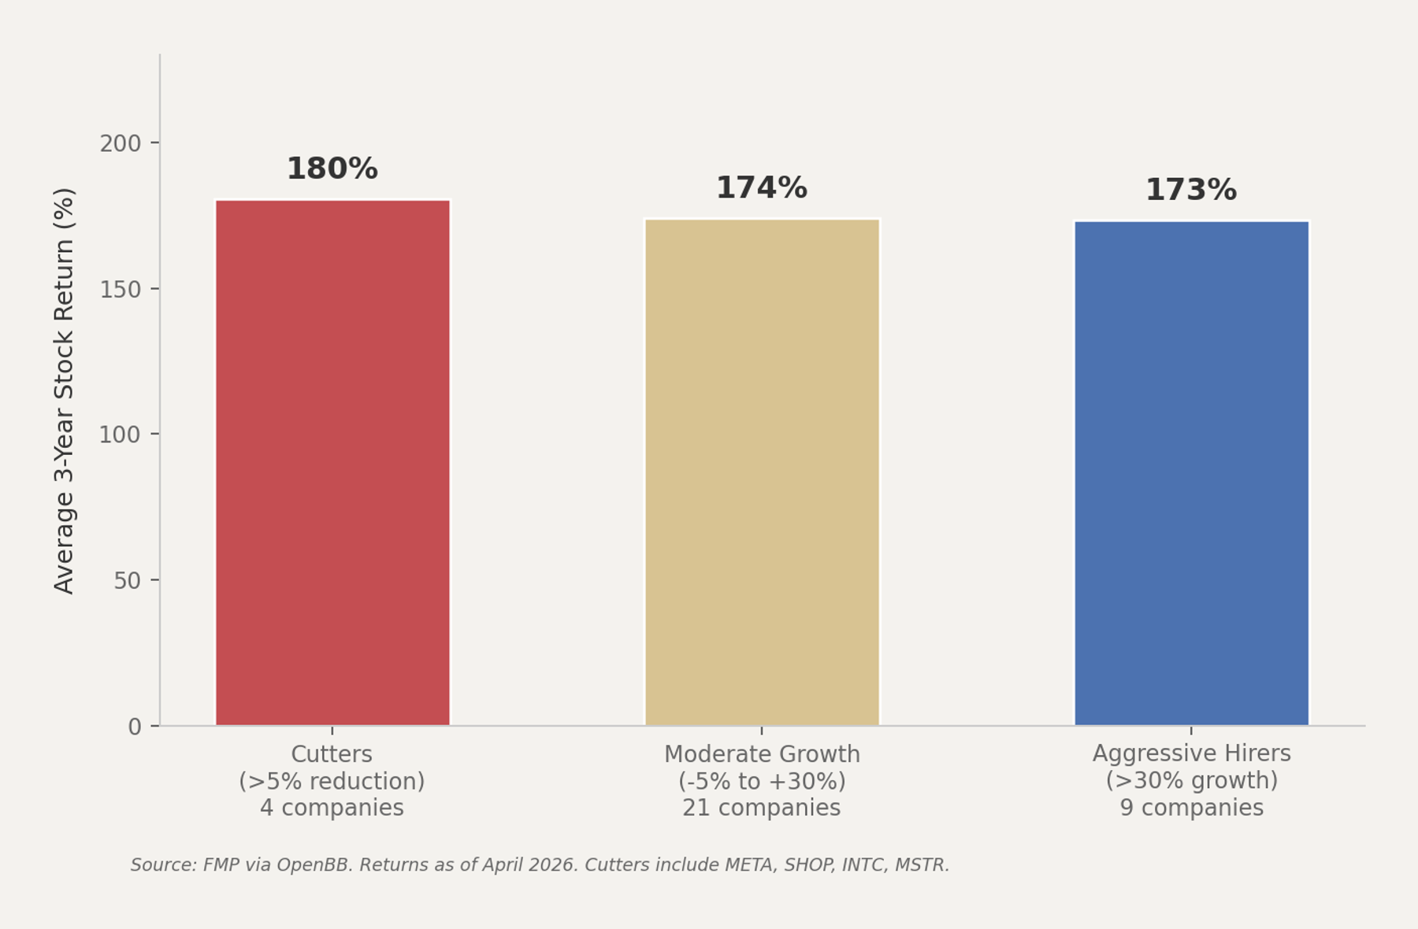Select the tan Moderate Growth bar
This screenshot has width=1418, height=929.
pos(762,472)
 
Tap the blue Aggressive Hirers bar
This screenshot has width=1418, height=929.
pos(1191,473)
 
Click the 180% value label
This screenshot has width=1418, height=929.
pos(332,169)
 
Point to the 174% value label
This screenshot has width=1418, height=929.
pos(761,188)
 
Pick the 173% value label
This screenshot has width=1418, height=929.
pos(1190,191)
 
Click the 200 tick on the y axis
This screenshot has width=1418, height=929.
pos(120,144)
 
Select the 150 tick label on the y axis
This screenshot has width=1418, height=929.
pos(120,290)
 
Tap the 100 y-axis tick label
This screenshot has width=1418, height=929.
pos(120,435)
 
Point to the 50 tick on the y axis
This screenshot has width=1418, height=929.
pos(127,581)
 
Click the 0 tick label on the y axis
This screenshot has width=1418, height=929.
pos(135,727)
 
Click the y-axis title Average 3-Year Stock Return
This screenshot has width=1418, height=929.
pos(64,390)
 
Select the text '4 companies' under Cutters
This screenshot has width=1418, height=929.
pos(332,809)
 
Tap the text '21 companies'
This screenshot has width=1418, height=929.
pos(761,809)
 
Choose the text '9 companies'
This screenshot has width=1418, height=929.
pos(1191,809)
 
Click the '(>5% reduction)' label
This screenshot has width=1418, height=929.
pos(332,782)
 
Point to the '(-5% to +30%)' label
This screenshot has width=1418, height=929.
pos(761,782)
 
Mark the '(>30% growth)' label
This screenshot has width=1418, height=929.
pos(1191,781)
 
